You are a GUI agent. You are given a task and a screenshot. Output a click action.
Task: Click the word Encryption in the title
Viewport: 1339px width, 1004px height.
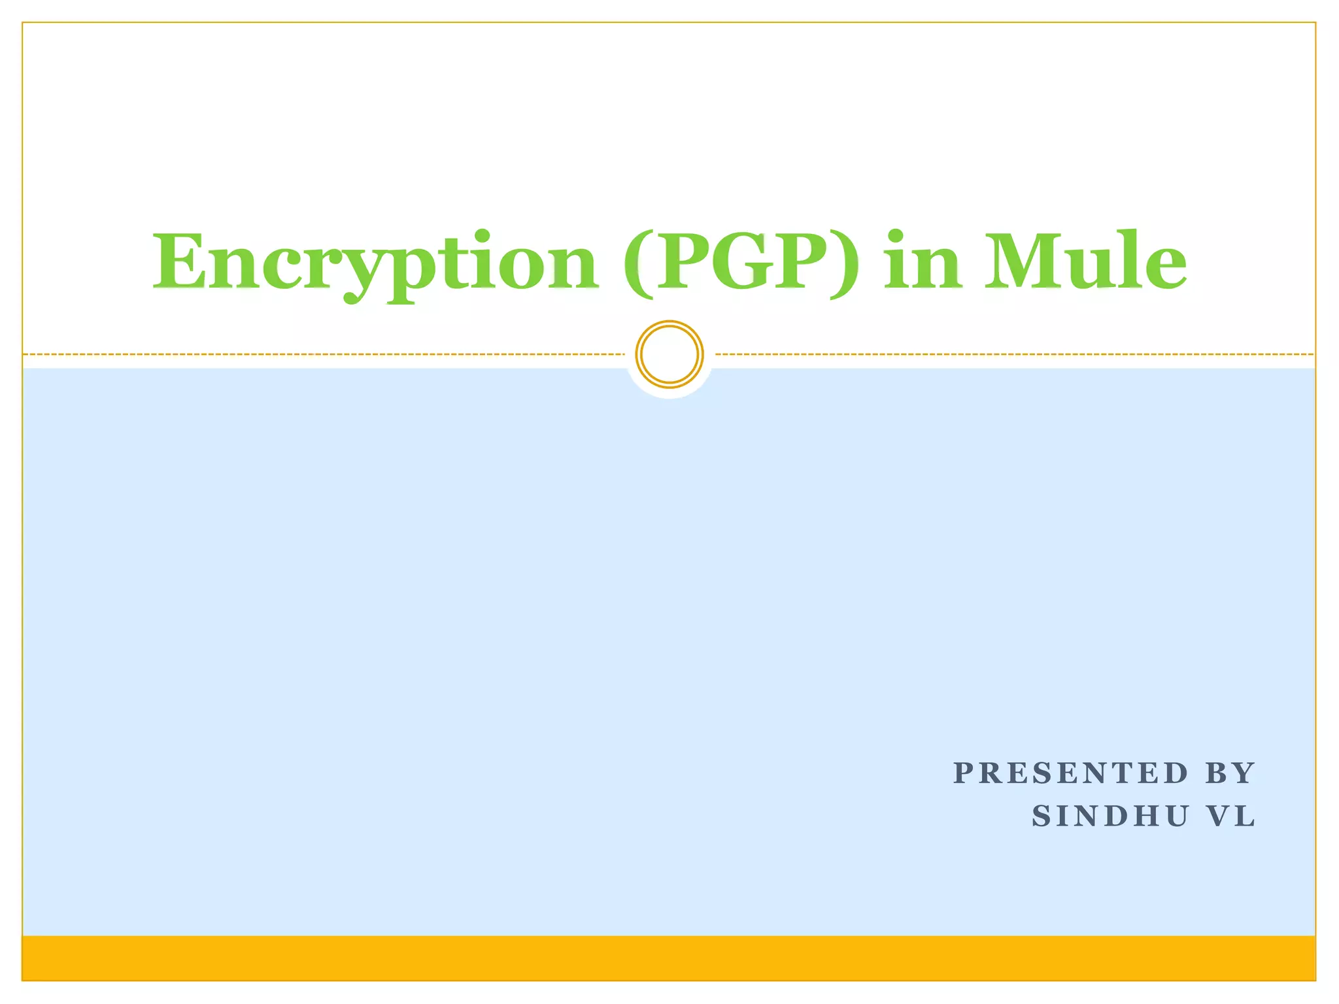click(375, 263)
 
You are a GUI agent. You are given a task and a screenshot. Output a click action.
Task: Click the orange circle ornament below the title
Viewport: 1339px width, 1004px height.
click(669, 354)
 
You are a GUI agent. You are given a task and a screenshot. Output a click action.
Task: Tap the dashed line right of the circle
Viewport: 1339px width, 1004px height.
click(1013, 354)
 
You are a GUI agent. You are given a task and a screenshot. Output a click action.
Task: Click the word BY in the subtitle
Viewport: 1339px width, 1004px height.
click(1230, 773)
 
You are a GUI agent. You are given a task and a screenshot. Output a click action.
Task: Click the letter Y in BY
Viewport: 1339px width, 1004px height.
click(1244, 773)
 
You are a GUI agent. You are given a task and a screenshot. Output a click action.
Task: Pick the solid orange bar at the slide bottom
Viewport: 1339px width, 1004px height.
click(669, 958)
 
